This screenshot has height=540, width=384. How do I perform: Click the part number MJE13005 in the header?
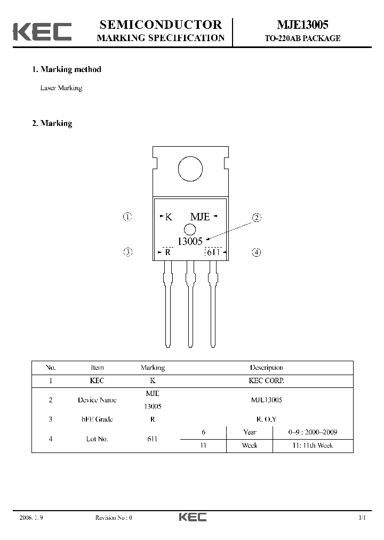coord(302,25)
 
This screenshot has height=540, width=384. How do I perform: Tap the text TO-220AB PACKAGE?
coord(302,38)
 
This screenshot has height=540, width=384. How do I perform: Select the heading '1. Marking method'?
coord(67,69)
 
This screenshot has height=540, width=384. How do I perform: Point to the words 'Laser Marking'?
coord(61,88)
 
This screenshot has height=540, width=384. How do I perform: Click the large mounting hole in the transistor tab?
coord(190,170)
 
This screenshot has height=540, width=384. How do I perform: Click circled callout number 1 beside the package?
coord(127,217)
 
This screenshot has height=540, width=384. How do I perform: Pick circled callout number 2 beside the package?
coord(257,217)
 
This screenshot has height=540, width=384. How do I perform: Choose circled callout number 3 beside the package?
coord(127,252)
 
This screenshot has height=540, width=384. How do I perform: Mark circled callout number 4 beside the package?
coord(257,252)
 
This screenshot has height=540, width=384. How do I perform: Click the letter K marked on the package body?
coord(169,217)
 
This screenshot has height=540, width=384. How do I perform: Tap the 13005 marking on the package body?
coord(190,242)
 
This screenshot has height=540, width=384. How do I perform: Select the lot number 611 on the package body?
coord(213,252)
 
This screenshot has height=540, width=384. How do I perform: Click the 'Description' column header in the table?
coord(266,368)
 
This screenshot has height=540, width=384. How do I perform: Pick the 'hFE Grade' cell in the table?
coord(97,419)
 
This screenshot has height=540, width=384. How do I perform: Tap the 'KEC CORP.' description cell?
coord(266,381)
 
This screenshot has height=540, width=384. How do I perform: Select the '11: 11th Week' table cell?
coord(318,445)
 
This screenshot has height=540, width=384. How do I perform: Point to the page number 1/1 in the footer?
coord(362,518)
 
